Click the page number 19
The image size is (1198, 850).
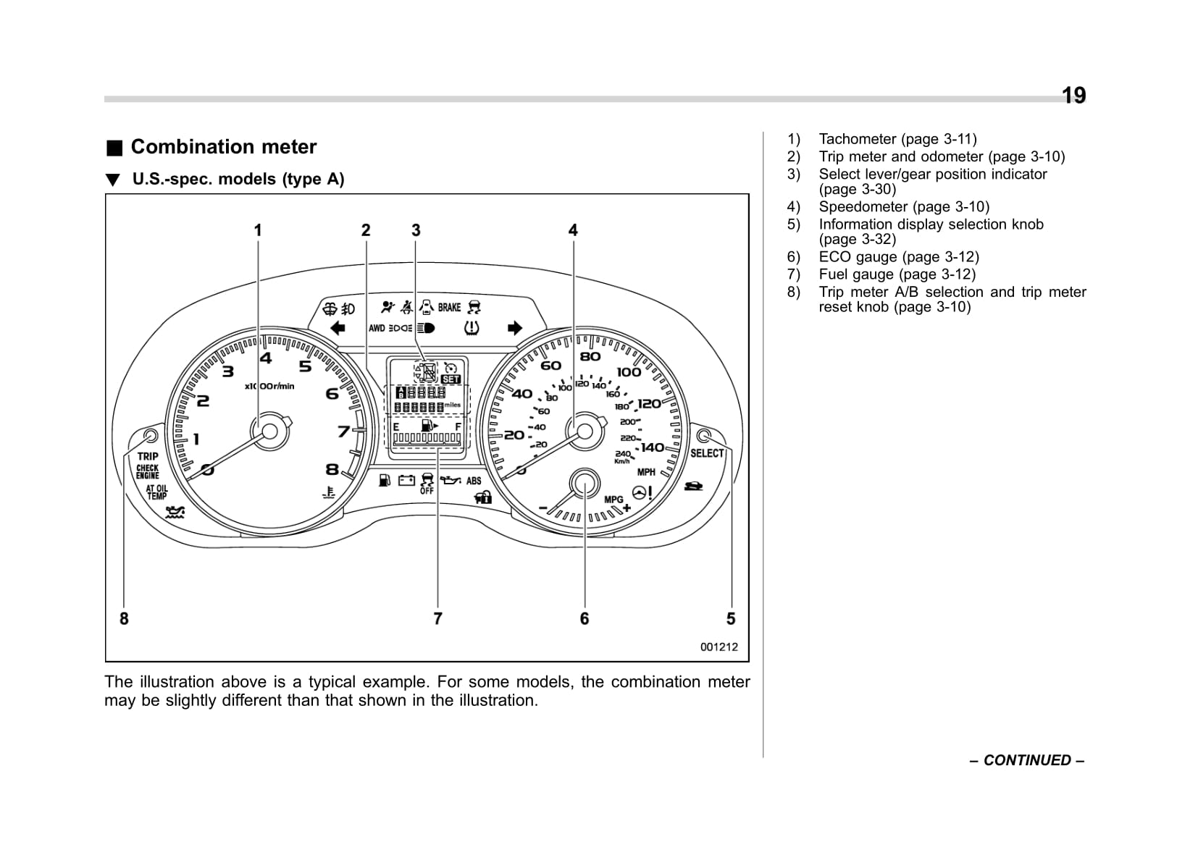pos(1073,96)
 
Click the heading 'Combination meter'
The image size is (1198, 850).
pos(223,147)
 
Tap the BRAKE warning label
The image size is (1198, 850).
pos(449,308)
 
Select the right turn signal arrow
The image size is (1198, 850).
pos(514,328)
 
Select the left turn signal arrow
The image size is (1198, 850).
pos(338,328)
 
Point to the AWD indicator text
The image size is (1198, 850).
pos(377,328)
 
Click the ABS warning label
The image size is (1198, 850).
pos(474,481)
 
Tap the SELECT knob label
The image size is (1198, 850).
pos(707,453)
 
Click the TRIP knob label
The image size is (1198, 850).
pos(148,456)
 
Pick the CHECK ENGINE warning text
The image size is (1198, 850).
pos(148,471)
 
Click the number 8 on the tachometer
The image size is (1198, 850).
pos(332,468)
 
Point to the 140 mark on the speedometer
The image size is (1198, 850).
pos(652,447)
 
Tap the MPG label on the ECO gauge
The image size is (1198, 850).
pos(613,500)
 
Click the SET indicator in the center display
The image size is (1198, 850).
pos(451,379)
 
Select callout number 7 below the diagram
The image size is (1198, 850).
pos(437,618)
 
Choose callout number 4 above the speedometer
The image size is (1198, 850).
pos(573,230)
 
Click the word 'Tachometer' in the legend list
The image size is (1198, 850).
pos(857,139)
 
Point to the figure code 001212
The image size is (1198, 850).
pos(719,647)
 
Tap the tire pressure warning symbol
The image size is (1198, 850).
pos(472,328)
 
